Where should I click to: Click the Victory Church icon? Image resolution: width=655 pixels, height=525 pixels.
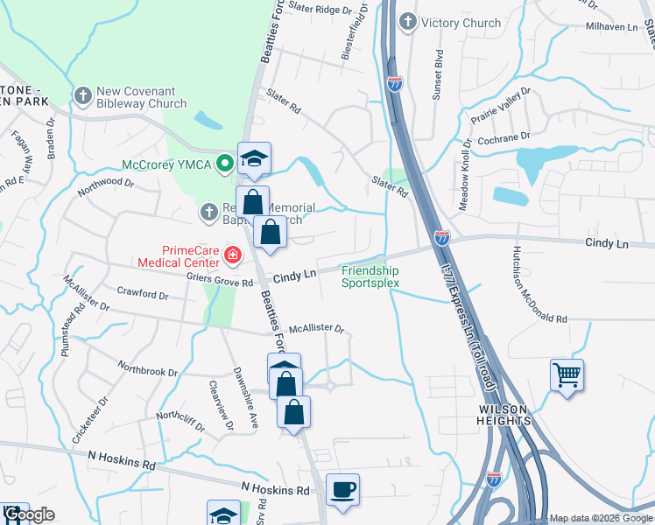[407, 22]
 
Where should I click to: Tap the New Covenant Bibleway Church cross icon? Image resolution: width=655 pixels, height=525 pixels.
[83, 96]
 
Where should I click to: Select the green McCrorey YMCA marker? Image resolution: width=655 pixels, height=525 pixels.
[224, 162]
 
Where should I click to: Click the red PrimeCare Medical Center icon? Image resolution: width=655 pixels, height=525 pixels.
[232, 255]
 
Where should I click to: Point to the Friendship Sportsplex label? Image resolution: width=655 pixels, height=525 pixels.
[370, 276]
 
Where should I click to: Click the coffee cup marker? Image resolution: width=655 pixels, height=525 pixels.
[342, 488]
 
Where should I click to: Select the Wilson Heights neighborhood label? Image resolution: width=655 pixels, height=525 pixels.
[504, 415]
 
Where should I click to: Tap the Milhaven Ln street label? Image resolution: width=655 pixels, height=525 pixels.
[612, 28]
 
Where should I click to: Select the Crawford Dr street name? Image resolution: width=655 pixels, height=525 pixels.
[141, 295]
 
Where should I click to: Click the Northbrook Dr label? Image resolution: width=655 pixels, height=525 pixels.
[147, 371]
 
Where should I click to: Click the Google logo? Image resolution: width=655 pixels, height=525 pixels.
[28, 515]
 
